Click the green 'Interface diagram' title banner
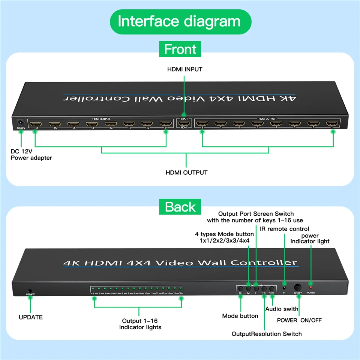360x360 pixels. coord(180,21)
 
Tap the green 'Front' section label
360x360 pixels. coord(180,49)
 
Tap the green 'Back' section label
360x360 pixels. coord(180,207)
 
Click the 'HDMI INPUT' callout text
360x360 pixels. coord(184,69)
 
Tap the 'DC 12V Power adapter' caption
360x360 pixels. coord(31,154)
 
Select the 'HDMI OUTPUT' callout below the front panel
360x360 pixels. coord(186,172)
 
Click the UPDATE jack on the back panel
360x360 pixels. coord(30,290)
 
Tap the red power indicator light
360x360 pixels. coord(310,287)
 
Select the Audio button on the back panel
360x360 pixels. coord(272,289)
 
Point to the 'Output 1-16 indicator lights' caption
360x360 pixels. coord(140,324)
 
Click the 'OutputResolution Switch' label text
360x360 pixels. coord(267,334)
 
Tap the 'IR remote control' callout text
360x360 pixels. coord(284,229)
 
